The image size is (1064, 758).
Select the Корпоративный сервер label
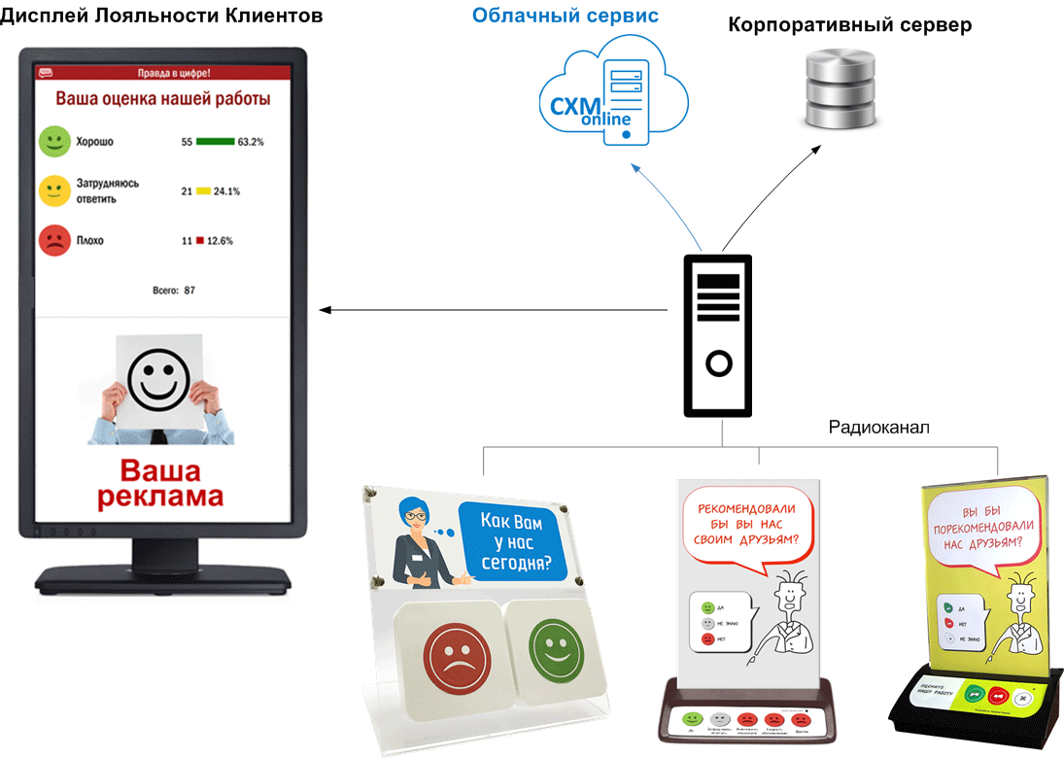pos(849,25)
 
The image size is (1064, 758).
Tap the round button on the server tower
pos(718,364)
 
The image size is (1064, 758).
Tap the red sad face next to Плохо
pos(53,240)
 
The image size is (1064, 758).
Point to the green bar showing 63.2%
pos(216,142)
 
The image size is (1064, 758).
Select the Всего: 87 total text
pos(175,291)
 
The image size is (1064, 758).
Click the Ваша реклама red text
pos(159,484)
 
